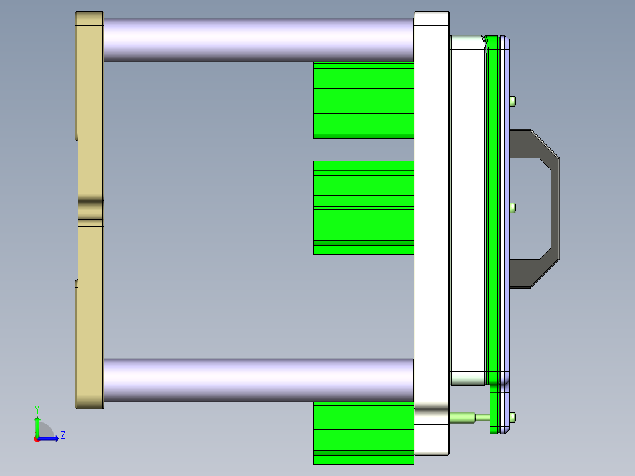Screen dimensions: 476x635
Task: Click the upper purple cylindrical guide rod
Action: pos(258,39)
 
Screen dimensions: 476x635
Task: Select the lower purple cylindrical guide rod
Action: pos(258,380)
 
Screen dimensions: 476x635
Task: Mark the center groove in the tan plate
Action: pos(90,210)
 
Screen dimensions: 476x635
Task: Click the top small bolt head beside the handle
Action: pos(513,101)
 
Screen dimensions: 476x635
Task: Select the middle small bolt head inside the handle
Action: pos(513,208)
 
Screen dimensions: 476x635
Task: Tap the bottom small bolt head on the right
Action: pos(513,418)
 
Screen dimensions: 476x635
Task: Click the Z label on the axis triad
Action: pos(62,436)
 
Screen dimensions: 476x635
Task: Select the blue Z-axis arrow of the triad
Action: pos(51,438)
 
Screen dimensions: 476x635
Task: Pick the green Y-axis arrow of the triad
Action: pos(37,425)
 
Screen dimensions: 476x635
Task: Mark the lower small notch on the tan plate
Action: pos(77,284)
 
